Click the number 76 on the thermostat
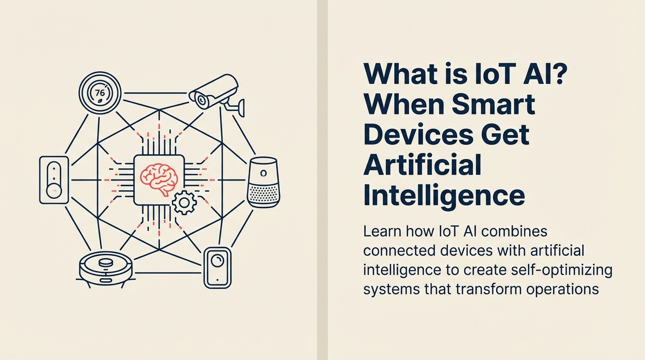tap(100, 92)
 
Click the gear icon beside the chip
tap(183, 202)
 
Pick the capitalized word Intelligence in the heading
tap(444, 196)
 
